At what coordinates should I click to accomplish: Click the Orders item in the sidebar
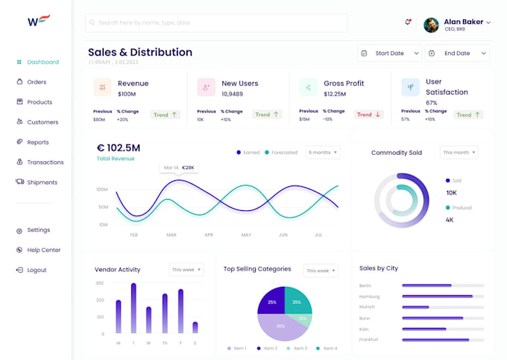(x=36, y=82)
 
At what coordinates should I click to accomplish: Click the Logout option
(x=37, y=270)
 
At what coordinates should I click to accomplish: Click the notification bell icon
(x=408, y=22)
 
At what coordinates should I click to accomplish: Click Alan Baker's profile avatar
(x=431, y=25)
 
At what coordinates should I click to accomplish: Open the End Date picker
(x=456, y=53)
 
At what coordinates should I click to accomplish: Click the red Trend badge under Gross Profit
(x=368, y=115)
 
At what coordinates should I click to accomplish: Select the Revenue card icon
(x=103, y=87)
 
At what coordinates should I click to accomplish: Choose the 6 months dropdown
(x=323, y=152)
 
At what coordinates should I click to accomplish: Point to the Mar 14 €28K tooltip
(x=179, y=168)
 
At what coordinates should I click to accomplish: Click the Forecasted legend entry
(x=280, y=152)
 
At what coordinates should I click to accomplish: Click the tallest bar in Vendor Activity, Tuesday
(x=133, y=308)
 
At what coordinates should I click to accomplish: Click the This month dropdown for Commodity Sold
(x=459, y=152)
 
